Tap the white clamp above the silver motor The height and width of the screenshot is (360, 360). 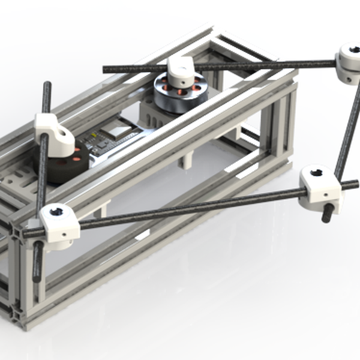179,71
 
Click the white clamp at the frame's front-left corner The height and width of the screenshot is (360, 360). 59,224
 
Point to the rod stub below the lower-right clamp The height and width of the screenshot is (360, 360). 328,214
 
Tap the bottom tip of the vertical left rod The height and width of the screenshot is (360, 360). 37,278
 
